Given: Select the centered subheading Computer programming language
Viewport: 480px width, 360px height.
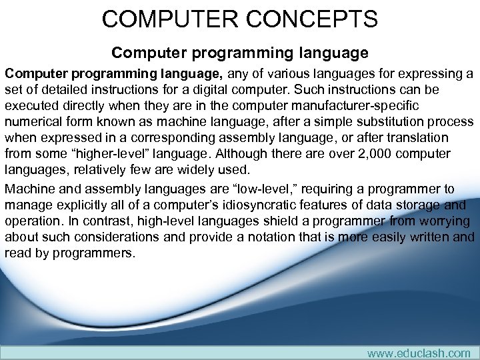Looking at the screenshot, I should tap(240, 52).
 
